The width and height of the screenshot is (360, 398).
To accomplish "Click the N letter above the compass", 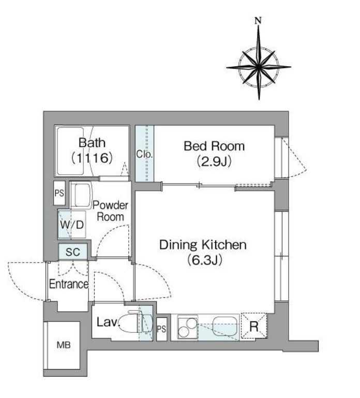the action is tap(258, 21).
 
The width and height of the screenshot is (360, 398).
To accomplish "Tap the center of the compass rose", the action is tap(259, 67).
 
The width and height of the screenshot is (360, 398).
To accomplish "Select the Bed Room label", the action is tap(214, 146).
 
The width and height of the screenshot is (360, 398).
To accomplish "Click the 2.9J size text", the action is tap(214, 161).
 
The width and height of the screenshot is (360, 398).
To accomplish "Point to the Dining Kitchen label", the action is tap(203, 245).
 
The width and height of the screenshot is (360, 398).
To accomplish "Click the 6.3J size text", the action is tap(204, 259).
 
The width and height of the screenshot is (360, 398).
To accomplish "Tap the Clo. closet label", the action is tap(144, 154).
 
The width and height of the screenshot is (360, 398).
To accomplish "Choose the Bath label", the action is tap(92, 143).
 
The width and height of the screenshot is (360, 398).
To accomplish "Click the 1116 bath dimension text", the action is tap(92, 158).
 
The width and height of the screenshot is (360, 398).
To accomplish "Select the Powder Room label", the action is tap(110, 211).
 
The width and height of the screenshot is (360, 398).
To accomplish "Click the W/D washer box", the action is tap(72, 224).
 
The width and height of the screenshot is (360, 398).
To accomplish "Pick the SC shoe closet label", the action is tap(72, 252).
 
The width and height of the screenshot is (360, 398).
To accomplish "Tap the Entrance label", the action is tap(69, 284).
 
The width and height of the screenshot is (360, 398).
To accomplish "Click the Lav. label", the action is tap(108, 323).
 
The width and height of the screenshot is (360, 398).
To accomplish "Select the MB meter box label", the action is tap(64, 345).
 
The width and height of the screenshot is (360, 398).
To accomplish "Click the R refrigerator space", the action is tap(254, 326).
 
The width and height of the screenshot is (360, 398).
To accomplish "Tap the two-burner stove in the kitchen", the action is tap(188, 327).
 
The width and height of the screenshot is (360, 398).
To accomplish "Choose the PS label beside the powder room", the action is tap(59, 193).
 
